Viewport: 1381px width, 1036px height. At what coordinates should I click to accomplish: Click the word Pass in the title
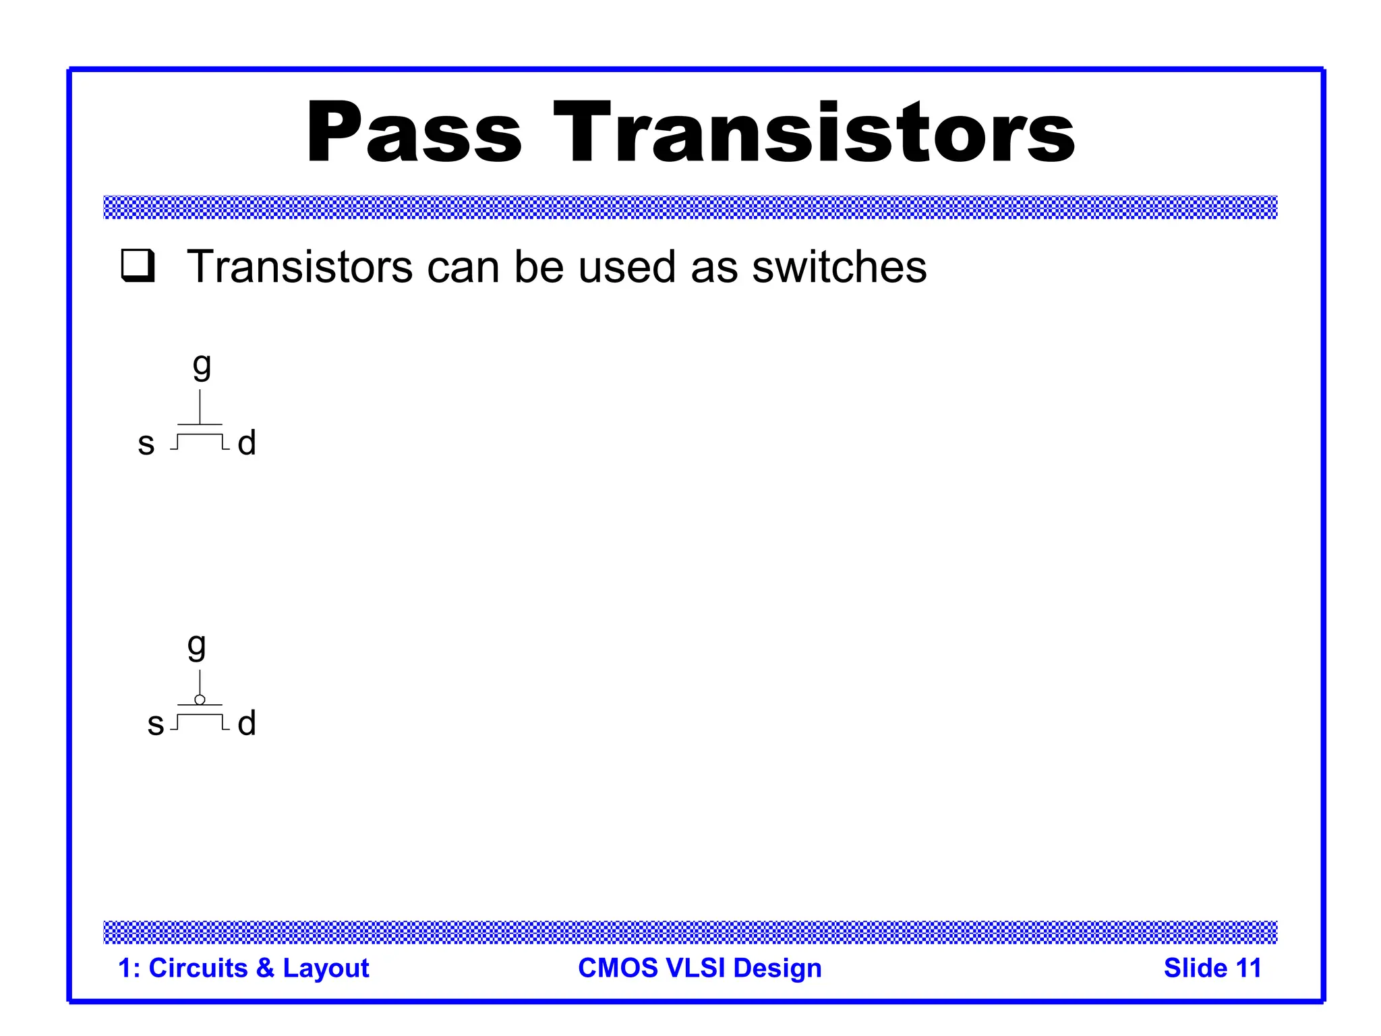point(413,133)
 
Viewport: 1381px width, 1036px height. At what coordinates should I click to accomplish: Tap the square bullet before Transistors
point(138,266)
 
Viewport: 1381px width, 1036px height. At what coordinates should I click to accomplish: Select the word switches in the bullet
point(839,267)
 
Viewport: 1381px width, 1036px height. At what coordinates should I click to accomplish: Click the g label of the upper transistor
point(202,366)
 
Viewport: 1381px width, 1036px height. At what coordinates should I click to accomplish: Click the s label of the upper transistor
point(146,444)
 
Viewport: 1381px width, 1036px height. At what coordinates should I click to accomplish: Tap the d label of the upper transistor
point(247,443)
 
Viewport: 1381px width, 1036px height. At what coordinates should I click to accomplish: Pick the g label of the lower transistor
point(196,646)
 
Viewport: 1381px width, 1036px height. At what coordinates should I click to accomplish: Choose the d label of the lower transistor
point(247,723)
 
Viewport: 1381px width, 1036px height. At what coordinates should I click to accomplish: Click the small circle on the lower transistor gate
point(200,699)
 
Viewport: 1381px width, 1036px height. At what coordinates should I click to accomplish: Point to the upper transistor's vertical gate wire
point(200,407)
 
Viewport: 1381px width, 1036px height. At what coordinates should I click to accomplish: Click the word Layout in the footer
point(326,969)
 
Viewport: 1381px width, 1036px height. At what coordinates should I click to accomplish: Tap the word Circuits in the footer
point(198,968)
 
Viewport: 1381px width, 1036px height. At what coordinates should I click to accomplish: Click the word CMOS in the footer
point(618,968)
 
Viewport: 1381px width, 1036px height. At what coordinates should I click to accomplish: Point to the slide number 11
point(1248,968)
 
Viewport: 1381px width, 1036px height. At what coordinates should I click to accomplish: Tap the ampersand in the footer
point(265,968)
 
